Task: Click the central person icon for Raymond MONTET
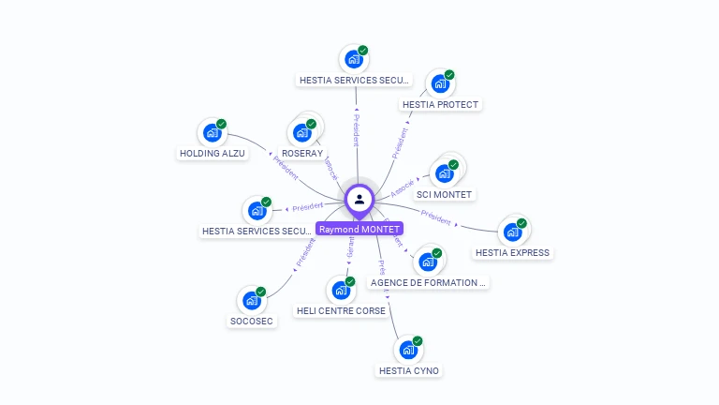pyautogui.click(x=359, y=199)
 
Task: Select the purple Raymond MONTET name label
pyautogui.click(x=359, y=229)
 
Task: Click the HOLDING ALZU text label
pyautogui.click(x=213, y=153)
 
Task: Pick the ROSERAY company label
pyautogui.click(x=302, y=153)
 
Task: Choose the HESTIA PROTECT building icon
pyautogui.click(x=439, y=83)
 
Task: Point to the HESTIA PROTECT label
pyautogui.click(x=440, y=104)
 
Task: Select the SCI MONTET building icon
pyautogui.click(x=444, y=173)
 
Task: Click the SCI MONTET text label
pyautogui.click(x=445, y=194)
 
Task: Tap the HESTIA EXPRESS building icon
pyautogui.click(x=511, y=232)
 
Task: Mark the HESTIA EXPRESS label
pyautogui.click(x=512, y=252)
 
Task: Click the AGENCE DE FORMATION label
pyautogui.click(x=429, y=281)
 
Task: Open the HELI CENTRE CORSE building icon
pyautogui.click(x=340, y=291)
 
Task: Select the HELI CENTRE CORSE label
pyautogui.click(x=341, y=310)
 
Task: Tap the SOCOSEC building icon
pyautogui.click(x=251, y=300)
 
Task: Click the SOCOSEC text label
pyautogui.click(x=252, y=321)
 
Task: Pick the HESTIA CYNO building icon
pyautogui.click(x=408, y=350)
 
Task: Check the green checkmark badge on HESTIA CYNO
pyautogui.click(x=418, y=341)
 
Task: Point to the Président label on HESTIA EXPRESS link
pyautogui.click(x=435, y=216)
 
